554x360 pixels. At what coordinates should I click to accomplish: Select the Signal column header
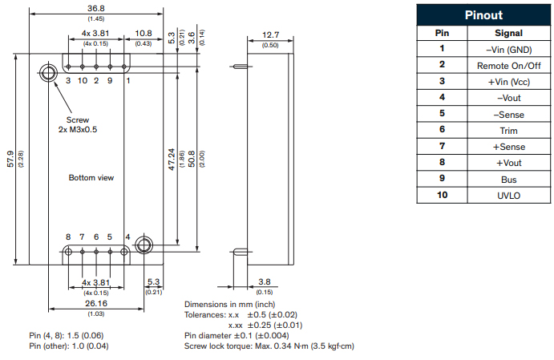pyautogui.click(x=509, y=34)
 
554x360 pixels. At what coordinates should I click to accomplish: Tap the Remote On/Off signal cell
pyautogui.click(x=509, y=66)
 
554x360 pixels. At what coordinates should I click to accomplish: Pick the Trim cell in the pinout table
pyautogui.click(x=509, y=131)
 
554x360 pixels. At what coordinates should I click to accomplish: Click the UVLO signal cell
pyautogui.click(x=509, y=196)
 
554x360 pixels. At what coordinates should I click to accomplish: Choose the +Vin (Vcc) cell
pyautogui.click(x=509, y=82)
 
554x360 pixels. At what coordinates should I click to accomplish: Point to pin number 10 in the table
pyautogui.click(x=441, y=196)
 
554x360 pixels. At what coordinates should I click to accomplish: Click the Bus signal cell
pyautogui.click(x=509, y=180)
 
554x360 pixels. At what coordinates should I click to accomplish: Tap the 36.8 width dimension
pyautogui.click(x=96, y=9)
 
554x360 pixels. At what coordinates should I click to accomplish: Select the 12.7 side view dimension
pyautogui.click(x=270, y=35)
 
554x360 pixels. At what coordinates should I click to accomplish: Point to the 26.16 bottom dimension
pyautogui.click(x=95, y=304)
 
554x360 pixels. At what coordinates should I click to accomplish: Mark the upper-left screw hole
pyautogui.click(x=48, y=73)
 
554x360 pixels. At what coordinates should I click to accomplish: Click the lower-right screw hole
pyautogui.click(x=144, y=244)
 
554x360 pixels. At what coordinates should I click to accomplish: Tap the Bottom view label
pyautogui.click(x=91, y=177)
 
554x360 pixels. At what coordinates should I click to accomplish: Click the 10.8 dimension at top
pyautogui.click(x=144, y=33)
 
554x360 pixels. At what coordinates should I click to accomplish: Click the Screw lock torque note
pyautogui.click(x=269, y=346)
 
